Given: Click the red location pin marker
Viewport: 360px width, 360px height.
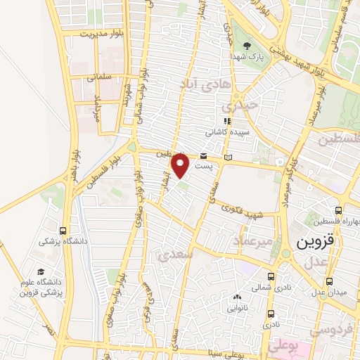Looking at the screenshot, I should pyautogui.click(x=181, y=165).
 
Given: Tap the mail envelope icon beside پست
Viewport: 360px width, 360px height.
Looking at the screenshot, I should pyautogui.click(x=203, y=155).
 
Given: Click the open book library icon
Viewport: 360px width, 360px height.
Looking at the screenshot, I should pyautogui.click(x=226, y=156).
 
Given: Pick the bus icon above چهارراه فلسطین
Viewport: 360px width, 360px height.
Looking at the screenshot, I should pyautogui.click(x=339, y=210).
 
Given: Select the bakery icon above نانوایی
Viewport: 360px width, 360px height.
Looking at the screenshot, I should pyautogui.click(x=236, y=297).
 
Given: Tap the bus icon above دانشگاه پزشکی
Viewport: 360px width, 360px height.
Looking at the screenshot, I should pyautogui.click(x=64, y=229).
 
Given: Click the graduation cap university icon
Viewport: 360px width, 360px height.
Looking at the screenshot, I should pyautogui.click(x=40, y=271).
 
